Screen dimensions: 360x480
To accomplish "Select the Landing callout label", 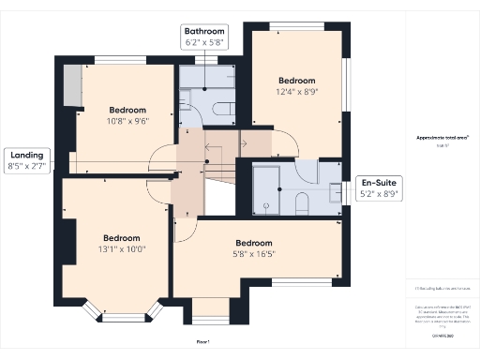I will point(27,161).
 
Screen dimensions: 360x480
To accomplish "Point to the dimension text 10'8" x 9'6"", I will point(127,120).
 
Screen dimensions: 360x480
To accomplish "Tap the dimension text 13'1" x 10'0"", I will point(121,249).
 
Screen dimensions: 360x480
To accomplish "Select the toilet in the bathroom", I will point(222,108).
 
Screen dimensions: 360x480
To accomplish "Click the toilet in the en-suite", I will point(302,202).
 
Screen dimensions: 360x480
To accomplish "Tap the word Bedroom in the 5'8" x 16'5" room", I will point(254,243).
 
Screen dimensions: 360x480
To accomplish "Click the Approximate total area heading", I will point(442,137).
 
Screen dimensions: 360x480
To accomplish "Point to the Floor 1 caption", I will point(203,342).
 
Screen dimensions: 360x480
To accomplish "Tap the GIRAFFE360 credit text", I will point(442,335).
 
